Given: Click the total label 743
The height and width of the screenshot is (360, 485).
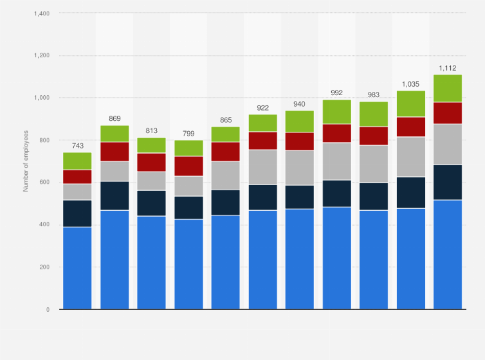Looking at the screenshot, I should (x=77, y=146).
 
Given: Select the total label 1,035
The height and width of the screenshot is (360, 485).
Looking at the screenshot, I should (x=410, y=84).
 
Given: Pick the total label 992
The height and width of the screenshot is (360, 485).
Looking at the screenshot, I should (x=336, y=93).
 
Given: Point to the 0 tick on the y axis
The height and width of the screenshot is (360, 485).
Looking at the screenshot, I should (x=48, y=309).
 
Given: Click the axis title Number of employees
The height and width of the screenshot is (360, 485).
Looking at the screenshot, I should (x=26, y=161).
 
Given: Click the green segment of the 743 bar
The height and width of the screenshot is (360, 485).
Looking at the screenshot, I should (x=77, y=161).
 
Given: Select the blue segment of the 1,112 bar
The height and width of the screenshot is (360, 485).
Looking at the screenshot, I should (x=448, y=254).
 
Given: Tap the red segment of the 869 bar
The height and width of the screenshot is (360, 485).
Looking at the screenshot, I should (x=114, y=151).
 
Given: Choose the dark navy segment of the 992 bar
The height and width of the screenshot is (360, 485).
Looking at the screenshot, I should (x=336, y=194).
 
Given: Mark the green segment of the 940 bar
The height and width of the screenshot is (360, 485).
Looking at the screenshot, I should (x=300, y=121).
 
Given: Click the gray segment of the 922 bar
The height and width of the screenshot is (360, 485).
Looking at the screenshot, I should (x=262, y=167).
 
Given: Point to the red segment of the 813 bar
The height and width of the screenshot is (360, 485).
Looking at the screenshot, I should (x=151, y=162).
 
